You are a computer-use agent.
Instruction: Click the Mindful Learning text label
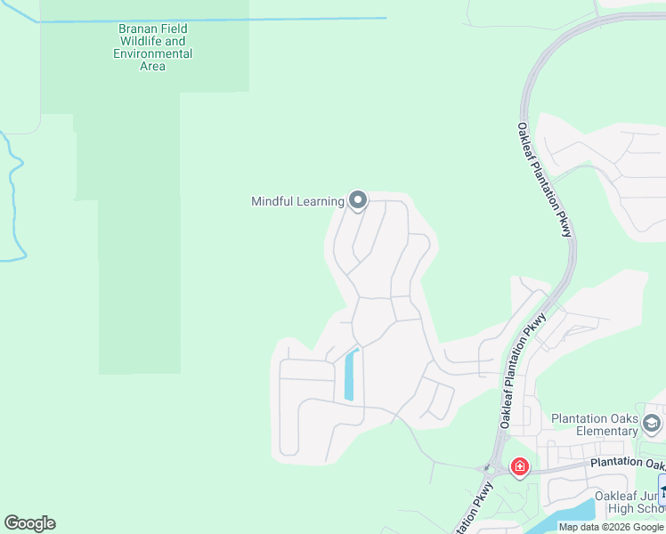click(297, 201)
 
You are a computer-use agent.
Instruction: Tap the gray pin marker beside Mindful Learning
click(358, 200)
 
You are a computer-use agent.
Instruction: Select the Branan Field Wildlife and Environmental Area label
click(153, 47)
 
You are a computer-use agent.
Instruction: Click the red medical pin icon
click(519, 466)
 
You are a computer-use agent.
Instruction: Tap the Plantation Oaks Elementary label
click(594, 425)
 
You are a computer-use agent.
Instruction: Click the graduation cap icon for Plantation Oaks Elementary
click(653, 422)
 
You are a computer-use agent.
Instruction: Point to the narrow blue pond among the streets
click(350, 375)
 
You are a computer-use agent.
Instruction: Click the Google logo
click(29, 523)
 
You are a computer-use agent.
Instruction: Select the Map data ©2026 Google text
click(611, 527)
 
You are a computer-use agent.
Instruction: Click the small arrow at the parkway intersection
click(486, 467)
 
